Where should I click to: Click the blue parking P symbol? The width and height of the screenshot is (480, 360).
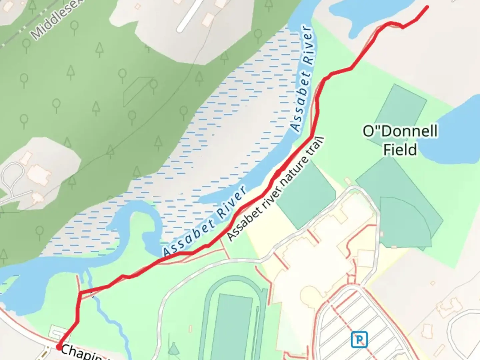[x=359, y=339]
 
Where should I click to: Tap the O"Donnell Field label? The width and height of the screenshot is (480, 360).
[x=400, y=140]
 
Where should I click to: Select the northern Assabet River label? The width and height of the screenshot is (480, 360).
[x=302, y=78]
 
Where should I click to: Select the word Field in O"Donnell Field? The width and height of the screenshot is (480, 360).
[x=400, y=150]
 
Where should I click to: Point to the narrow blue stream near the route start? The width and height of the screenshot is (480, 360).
[x=110, y=320]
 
